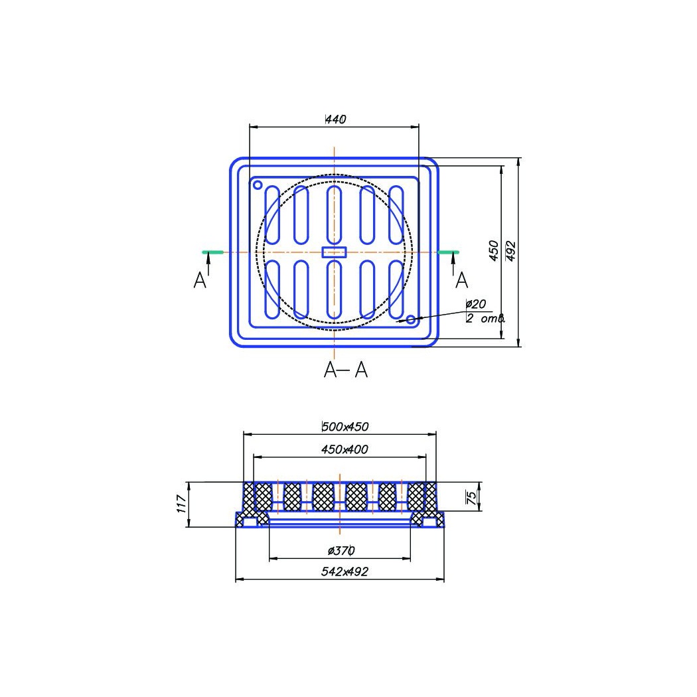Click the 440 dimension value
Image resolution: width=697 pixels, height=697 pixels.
336,119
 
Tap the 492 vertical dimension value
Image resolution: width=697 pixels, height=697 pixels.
510,251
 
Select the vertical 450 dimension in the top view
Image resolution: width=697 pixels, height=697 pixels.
494,251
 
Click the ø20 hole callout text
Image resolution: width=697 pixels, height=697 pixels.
476,304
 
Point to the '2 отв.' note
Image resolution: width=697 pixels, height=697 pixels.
486,318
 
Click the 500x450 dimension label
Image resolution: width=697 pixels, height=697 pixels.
345,427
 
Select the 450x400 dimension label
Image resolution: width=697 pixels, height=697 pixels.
345,449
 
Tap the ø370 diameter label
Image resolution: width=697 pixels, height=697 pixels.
341,551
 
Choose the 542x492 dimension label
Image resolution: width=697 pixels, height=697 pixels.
345,572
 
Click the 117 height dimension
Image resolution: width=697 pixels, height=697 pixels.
181,504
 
